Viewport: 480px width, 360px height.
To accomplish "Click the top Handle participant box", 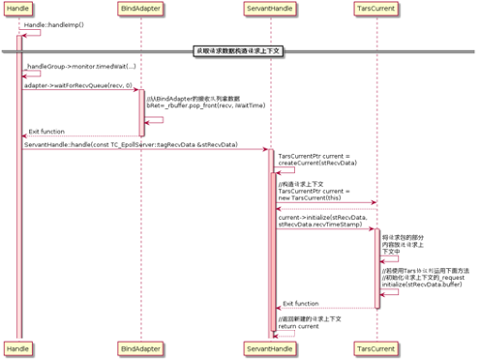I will coord(19,8).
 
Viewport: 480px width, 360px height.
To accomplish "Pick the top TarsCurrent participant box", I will coord(376,8).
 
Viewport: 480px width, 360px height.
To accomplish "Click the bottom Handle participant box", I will coord(19,345).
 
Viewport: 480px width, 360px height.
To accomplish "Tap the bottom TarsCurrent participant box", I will coord(376,345).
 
